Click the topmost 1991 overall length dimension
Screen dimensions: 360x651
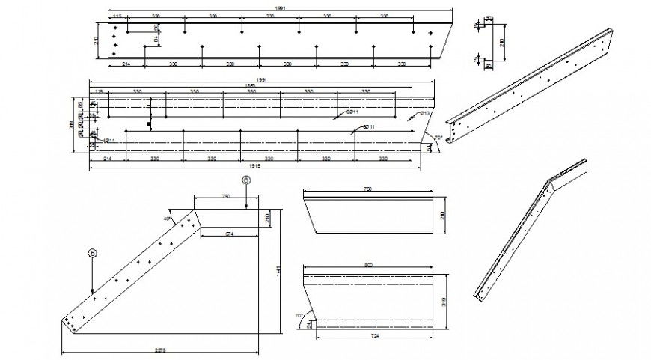[281, 7]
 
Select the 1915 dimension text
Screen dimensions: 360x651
[251, 165]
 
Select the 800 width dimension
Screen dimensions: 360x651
[367, 265]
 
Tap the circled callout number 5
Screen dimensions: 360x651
[92, 253]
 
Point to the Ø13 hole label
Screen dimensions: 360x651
[424, 112]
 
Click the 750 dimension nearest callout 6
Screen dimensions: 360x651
[226, 196]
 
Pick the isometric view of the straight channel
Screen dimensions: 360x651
[531, 82]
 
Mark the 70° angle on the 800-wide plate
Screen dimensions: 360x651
[299, 316]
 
